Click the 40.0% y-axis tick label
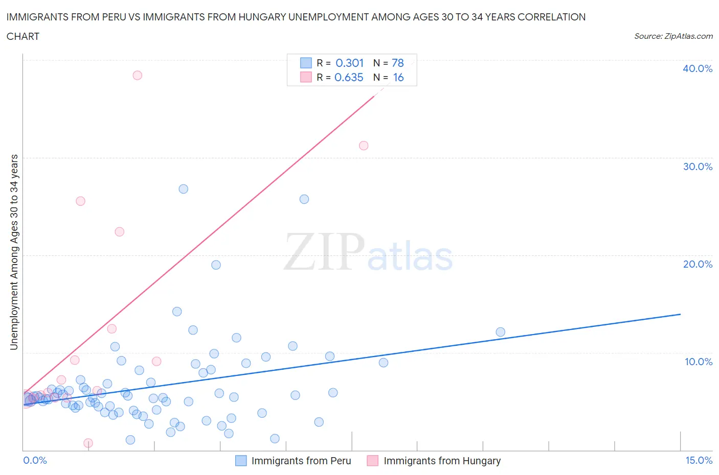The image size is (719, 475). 698,68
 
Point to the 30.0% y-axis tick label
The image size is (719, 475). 698,167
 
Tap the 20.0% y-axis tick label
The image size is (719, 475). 698,264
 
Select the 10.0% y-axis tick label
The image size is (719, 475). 699,362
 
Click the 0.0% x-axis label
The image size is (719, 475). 35,460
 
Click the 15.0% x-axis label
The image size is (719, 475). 699,460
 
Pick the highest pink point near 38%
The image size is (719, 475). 137,75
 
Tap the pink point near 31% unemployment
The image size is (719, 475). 364,146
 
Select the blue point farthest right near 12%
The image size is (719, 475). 501,332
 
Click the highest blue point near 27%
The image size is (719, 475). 183,189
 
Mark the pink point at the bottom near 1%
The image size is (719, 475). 88,443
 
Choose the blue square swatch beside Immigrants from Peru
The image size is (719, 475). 241,461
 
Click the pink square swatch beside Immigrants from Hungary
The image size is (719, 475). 373,461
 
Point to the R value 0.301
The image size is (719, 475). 349,63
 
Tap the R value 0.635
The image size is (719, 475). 349,77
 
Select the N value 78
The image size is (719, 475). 397,63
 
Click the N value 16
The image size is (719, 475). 398,77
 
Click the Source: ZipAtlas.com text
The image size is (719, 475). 673,36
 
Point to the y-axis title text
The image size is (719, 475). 14,252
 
